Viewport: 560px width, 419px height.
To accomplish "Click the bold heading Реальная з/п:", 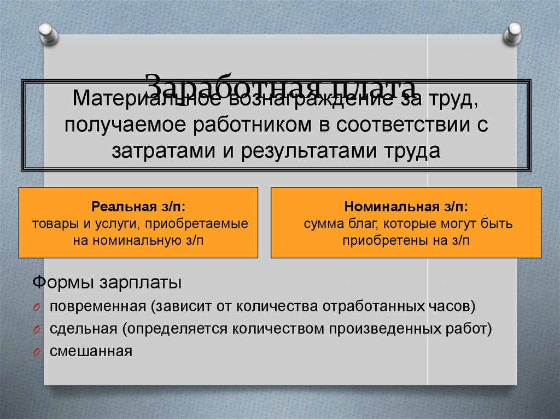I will click(x=138, y=208).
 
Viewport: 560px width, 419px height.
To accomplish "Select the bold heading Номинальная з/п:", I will click(x=406, y=208).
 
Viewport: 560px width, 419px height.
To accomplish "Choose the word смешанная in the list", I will click(x=91, y=351).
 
